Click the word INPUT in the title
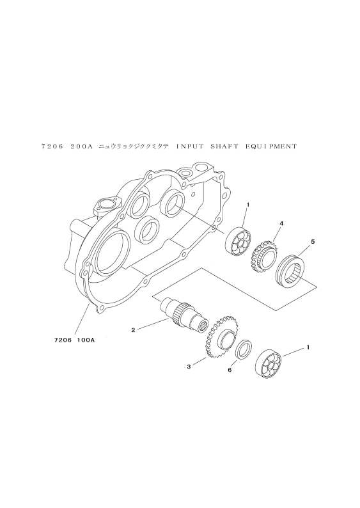point(190,147)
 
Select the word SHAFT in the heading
point(224,147)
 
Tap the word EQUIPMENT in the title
point(270,147)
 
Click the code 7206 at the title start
point(52,147)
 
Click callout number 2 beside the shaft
point(133,330)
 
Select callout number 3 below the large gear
point(189,367)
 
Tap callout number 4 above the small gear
point(281,223)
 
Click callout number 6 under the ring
point(230,370)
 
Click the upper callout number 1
point(247,205)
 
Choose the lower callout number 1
point(308,347)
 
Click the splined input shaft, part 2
point(184,315)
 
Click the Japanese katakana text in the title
point(134,147)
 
